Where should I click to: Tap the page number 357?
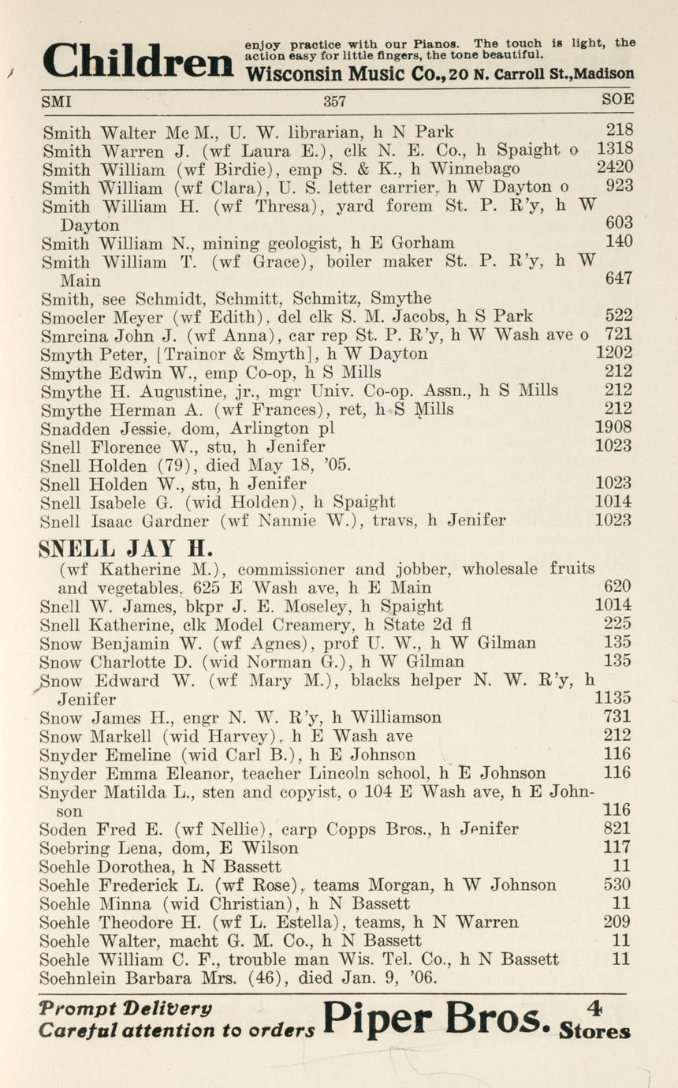point(335,101)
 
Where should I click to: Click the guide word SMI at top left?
point(57,101)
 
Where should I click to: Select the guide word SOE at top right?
point(617,100)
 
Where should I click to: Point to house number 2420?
point(614,168)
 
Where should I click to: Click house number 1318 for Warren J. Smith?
point(614,149)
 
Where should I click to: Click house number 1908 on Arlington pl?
point(613,428)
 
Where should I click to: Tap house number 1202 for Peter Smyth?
point(613,353)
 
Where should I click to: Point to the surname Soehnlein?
point(85,978)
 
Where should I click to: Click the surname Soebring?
point(77,847)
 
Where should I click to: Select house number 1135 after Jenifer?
point(613,698)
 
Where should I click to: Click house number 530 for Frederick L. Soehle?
point(617,884)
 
